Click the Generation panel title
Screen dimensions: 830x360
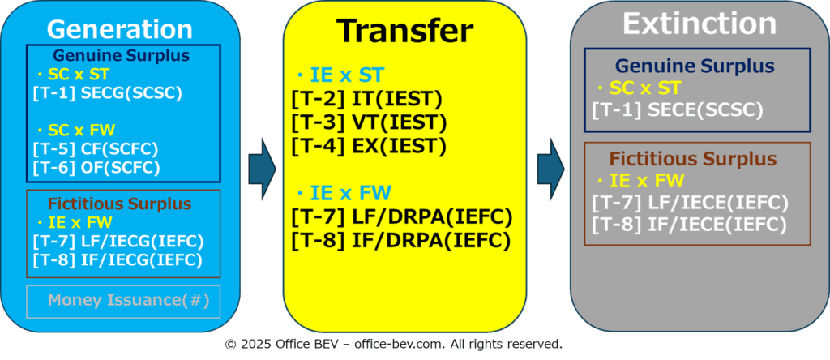point(120,29)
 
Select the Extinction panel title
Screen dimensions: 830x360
point(700,24)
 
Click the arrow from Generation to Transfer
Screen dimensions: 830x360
point(263,169)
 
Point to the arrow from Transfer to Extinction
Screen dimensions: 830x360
point(551,169)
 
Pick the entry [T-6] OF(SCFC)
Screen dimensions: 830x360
point(96,167)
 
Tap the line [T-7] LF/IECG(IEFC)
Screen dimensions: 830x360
point(118,242)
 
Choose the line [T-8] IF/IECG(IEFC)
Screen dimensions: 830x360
point(118,259)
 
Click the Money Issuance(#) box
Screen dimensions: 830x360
point(123,302)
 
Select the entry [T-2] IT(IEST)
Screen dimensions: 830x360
point(366,101)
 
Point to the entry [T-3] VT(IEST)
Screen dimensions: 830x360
point(369,122)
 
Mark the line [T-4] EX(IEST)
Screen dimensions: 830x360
point(369,145)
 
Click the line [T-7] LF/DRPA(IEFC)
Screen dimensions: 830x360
point(402,217)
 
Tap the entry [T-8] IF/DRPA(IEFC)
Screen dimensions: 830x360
point(400,240)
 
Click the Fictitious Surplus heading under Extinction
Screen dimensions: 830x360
point(693,158)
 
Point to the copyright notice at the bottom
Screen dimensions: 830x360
point(394,344)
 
